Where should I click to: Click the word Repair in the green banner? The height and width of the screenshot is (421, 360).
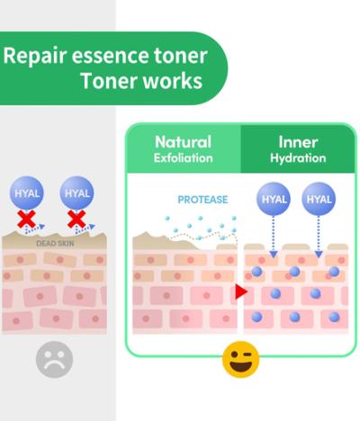(x=34, y=56)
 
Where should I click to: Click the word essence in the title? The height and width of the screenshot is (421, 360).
(x=110, y=56)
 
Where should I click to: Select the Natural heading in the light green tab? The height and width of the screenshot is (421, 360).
(x=183, y=142)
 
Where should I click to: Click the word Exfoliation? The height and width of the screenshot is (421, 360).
(x=183, y=158)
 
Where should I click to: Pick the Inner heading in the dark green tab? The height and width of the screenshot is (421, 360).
(x=298, y=142)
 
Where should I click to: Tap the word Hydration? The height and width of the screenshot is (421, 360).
(x=298, y=158)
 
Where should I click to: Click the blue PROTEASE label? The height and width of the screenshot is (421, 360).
(x=202, y=200)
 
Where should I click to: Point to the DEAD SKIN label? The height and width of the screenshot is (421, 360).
(x=55, y=243)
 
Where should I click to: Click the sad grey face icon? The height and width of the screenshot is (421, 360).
(x=54, y=359)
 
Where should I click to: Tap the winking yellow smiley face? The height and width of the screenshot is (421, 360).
(x=240, y=359)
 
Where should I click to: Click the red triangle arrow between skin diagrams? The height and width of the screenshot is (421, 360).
(x=241, y=291)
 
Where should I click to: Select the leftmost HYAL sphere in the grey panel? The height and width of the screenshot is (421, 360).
(x=27, y=193)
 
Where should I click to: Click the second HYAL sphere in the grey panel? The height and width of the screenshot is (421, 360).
(x=76, y=193)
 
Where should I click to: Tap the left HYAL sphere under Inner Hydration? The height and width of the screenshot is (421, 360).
(x=274, y=199)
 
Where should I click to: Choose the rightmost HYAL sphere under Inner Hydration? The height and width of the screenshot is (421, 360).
(x=319, y=199)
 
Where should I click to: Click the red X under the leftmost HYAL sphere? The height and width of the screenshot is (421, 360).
(x=27, y=219)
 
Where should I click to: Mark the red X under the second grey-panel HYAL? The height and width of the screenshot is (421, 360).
(x=76, y=219)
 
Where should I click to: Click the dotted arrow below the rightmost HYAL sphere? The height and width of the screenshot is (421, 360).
(x=319, y=237)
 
